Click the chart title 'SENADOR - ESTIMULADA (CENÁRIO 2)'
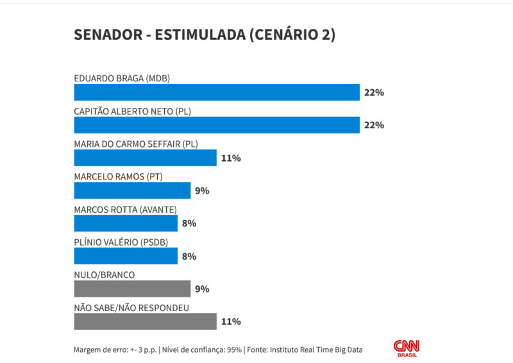tap(205, 35)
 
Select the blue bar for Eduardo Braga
tap(217, 92)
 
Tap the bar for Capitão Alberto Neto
tap(217, 125)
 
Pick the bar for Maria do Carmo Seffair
tap(146, 158)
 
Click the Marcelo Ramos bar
tap(132, 190)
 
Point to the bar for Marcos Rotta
tap(126, 223)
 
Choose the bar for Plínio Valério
tap(126, 256)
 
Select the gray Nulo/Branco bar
tap(132, 289)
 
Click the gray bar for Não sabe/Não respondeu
tap(146, 321)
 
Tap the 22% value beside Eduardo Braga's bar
tap(374, 92)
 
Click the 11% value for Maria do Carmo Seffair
tap(231, 158)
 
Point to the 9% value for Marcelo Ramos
tap(202, 190)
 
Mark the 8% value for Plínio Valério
tap(189, 256)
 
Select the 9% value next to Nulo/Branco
tap(202, 289)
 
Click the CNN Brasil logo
tap(407, 347)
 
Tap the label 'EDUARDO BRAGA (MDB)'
tap(122, 79)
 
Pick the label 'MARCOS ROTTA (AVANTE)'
tap(125, 210)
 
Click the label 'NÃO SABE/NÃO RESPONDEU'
tap(131, 308)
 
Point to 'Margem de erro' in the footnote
tap(100, 350)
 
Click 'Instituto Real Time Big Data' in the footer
tap(316, 350)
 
